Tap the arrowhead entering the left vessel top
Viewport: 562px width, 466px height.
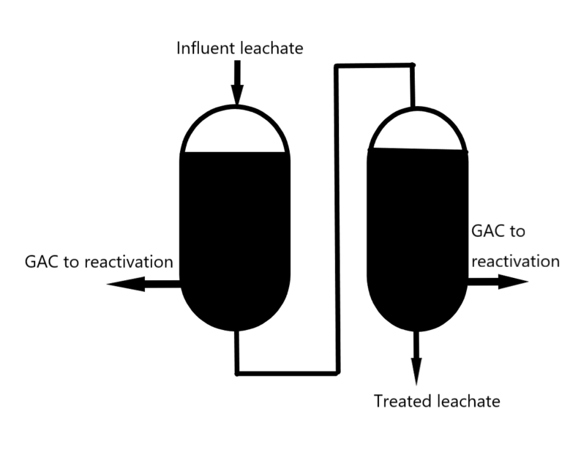[x=236, y=94]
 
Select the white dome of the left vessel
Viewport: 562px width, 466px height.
[x=235, y=132]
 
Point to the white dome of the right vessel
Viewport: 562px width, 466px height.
[x=417, y=131]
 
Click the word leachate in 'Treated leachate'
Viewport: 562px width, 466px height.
[x=466, y=401]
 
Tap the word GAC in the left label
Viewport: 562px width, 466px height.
[x=42, y=261]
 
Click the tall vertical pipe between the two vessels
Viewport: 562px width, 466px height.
[x=337, y=219]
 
